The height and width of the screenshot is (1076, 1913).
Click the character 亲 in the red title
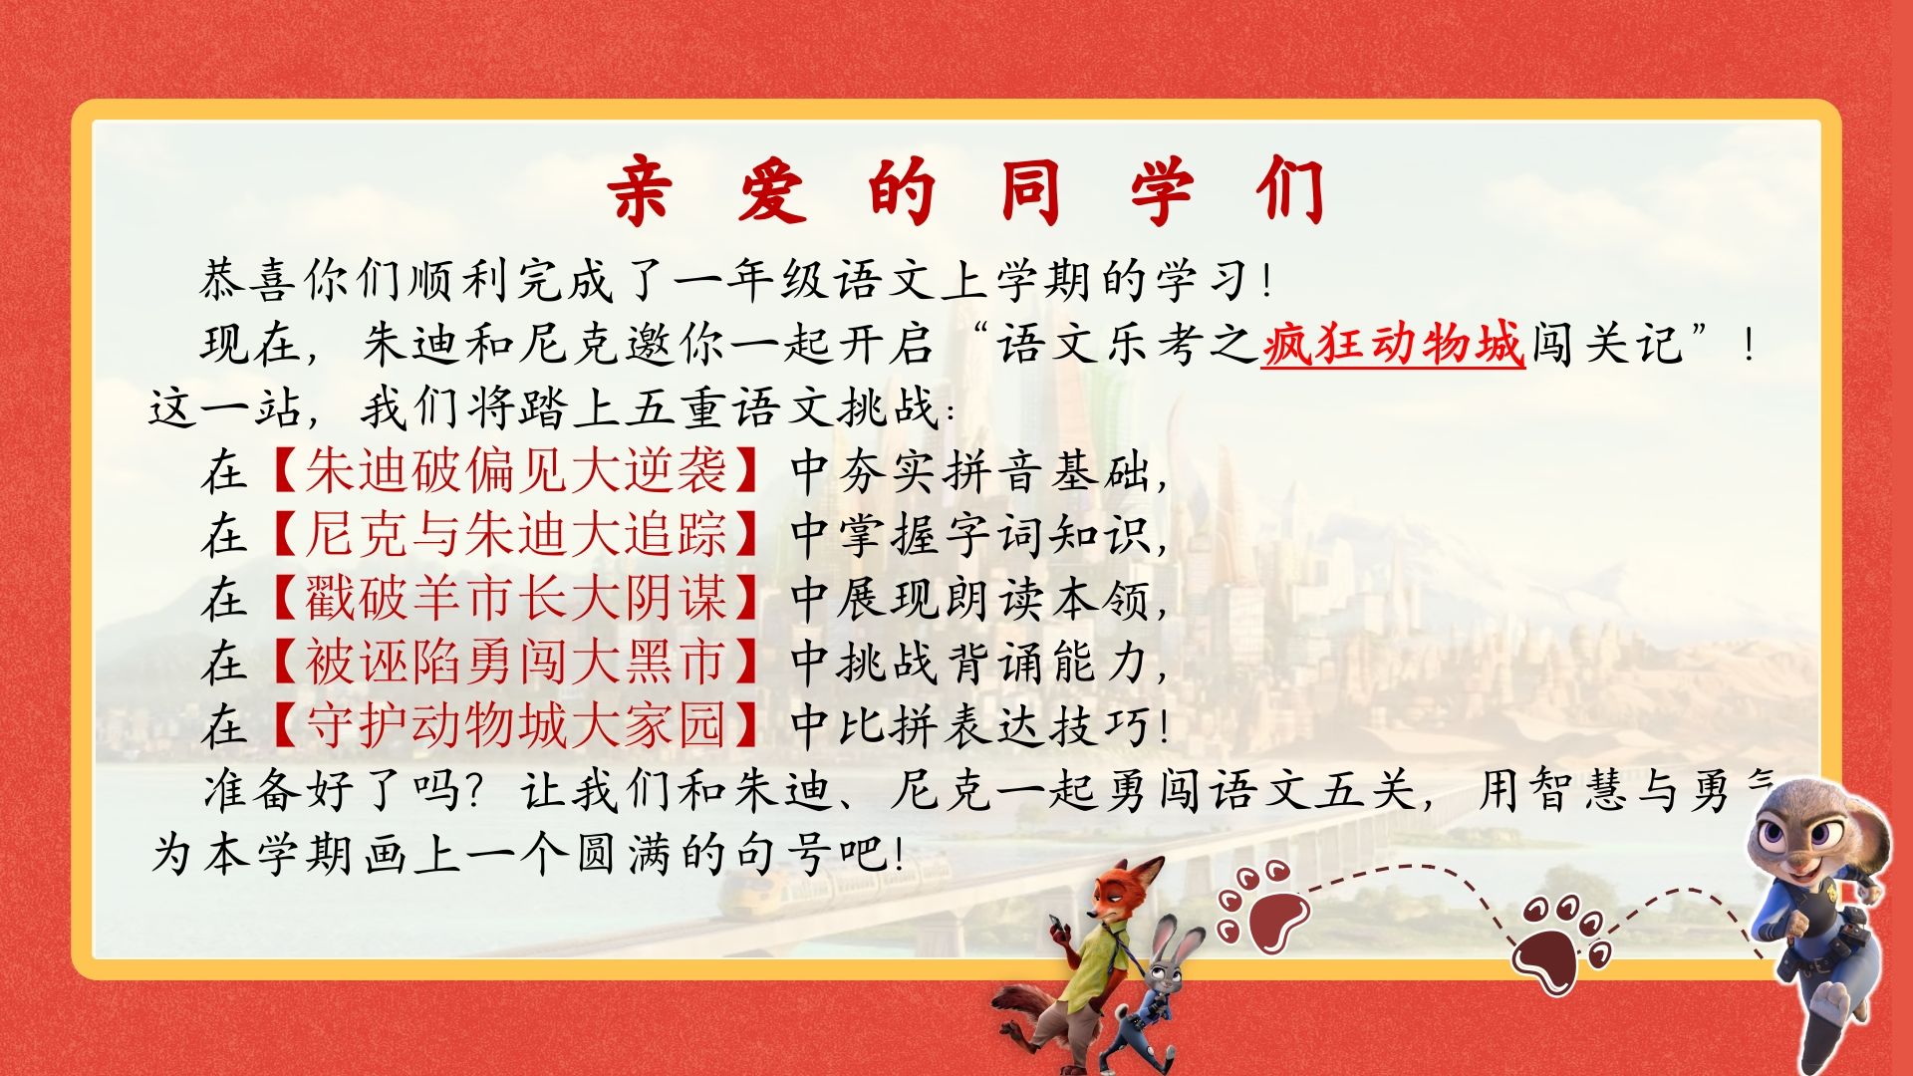pos(640,189)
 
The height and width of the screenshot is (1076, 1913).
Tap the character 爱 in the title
pos(771,189)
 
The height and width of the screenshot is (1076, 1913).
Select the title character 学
pos(1162,189)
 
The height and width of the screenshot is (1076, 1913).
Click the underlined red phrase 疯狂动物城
pos(1393,344)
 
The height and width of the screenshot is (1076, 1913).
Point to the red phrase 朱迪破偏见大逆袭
pos(517,471)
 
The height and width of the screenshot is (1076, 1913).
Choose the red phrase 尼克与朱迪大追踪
pos(517,535)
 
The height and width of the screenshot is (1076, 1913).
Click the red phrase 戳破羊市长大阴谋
pos(517,599)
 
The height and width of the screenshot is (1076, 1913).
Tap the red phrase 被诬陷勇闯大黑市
pos(517,663)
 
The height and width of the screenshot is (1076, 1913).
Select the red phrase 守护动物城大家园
pos(517,725)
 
